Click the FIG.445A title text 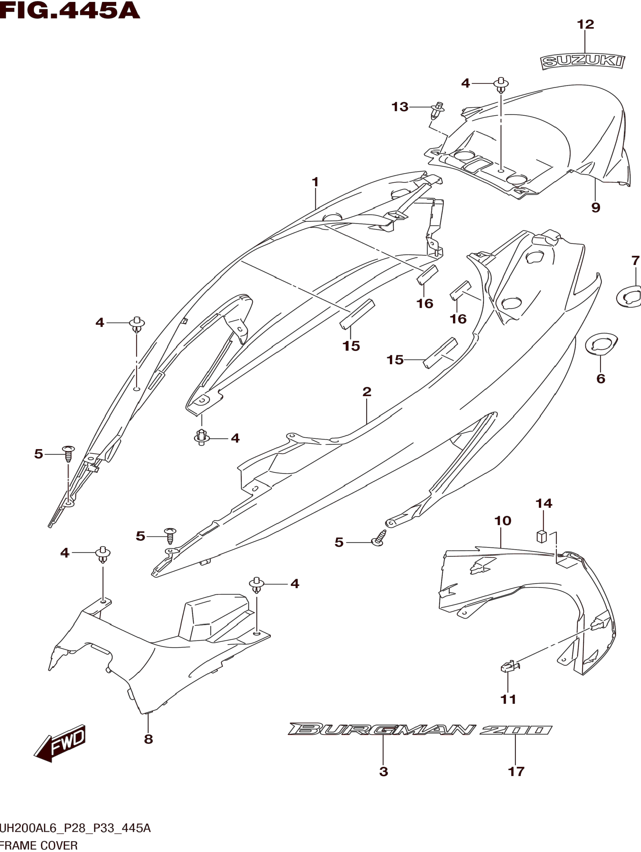click(x=69, y=10)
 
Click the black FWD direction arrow click(x=60, y=743)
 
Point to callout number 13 click(x=400, y=107)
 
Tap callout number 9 click(x=596, y=208)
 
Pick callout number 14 click(x=544, y=503)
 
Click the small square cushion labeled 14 click(x=542, y=536)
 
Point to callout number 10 click(x=502, y=521)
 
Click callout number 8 click(x=148, y=739)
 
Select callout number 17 click(x=516, y=772)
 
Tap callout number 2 click(x=367, y=392)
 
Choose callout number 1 click(x=315, y=182)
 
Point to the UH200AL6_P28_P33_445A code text click(x=75, y=828)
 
